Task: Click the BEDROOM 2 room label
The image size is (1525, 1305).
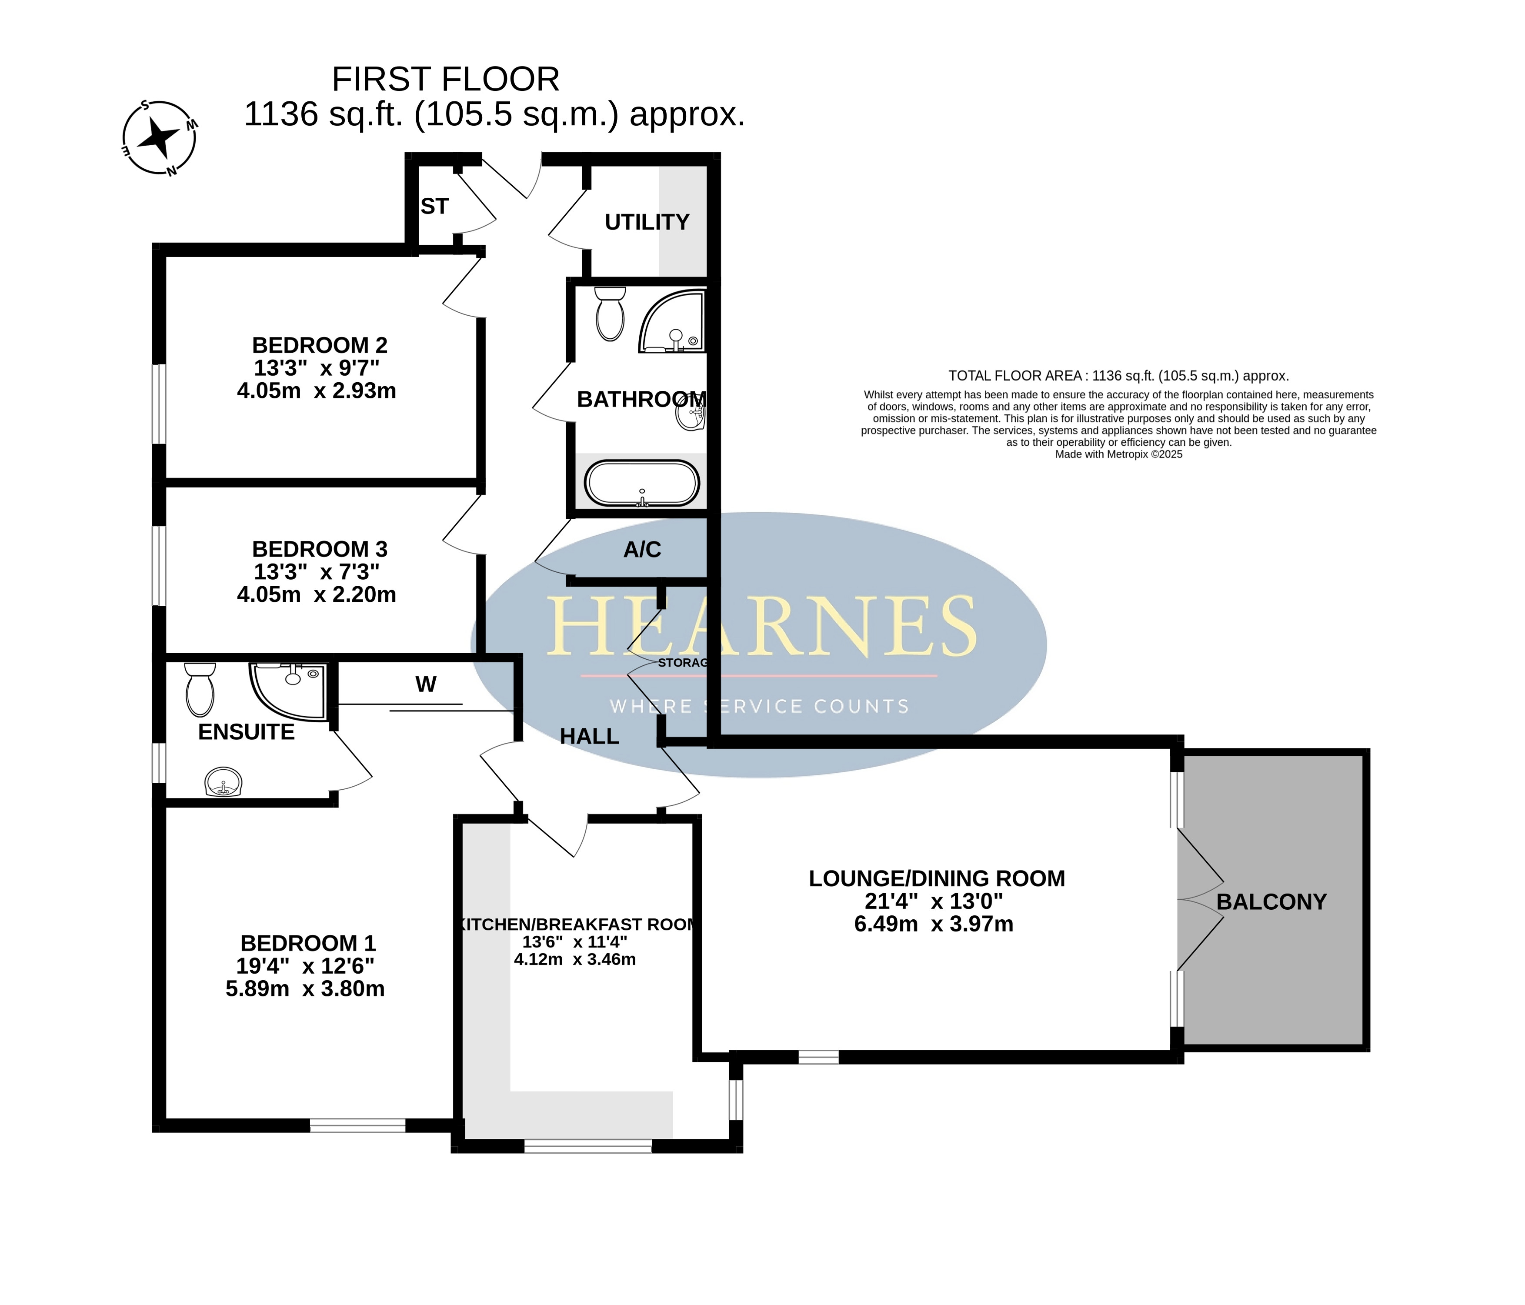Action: tap(320, 345)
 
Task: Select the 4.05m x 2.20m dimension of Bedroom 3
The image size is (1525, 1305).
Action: tap(317, 594)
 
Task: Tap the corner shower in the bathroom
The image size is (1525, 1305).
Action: tap(671, 321)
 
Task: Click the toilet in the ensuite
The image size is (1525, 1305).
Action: tap(200, 689)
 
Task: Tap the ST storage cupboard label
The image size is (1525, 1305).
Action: tap(434, 207)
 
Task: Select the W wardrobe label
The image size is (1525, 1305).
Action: tap(425, 684)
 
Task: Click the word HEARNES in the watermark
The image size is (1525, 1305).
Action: tap(761, 626)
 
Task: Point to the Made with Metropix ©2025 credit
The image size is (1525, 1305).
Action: tap(1119, 454)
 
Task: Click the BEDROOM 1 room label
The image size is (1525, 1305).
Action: tap(307, 943)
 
